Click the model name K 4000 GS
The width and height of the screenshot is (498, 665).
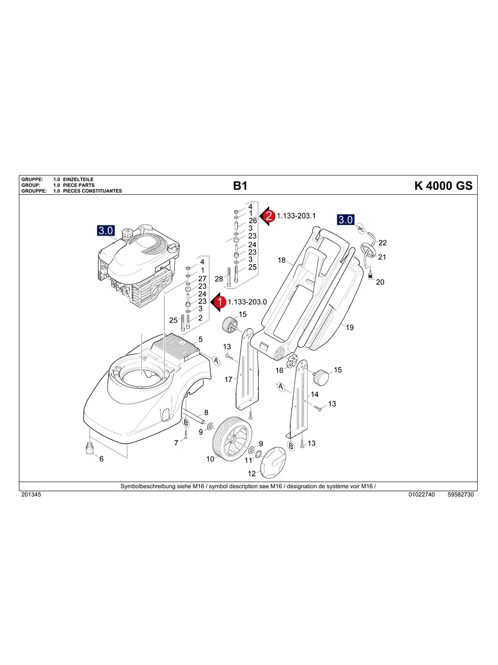pos(442,186)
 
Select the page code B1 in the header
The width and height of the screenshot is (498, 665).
pos(240,186)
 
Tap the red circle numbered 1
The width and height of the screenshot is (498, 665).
pos(220,302)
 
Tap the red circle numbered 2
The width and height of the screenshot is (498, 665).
pos(269,216)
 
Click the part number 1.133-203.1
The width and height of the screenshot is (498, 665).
pos(296,216)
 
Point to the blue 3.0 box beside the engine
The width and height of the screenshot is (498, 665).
pos(106,231)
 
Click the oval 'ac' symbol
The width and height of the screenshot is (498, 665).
pos(361,228)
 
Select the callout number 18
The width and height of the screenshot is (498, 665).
pos(282,260)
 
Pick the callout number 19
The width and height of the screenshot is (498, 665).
pos(350,327)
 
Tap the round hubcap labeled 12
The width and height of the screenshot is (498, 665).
pos(273,462)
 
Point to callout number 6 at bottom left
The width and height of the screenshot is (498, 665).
pos(101,459)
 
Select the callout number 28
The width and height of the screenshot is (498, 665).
pos(218,279)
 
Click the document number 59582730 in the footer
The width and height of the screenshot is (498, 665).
pos(461,495)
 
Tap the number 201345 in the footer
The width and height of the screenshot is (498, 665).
pos(31,495)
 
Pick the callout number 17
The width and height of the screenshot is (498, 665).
pos(229,379)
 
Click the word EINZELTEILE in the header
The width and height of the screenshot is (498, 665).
pos(79,180)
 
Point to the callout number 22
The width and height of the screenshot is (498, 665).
pos(383,242)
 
